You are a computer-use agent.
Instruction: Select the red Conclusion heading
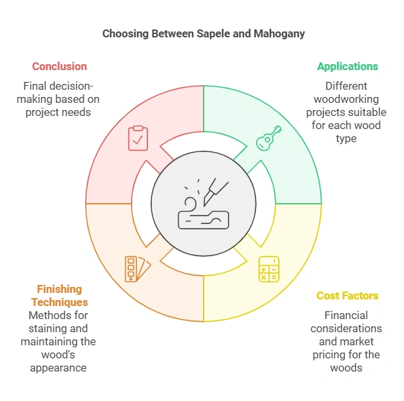tap(59, 66)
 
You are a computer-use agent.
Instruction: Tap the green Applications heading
tap(347, 66)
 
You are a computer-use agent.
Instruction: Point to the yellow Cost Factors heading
tap(347, 296)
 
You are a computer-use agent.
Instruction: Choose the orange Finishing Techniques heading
tap(59, 296)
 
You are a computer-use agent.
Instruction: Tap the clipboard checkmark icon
tap(138, 138)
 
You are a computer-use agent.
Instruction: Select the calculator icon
tap(268, 269)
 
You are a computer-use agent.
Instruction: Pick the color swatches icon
tap(138, 269)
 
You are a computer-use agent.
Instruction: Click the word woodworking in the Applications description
tap(346, 99)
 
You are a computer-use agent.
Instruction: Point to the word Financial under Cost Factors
tap(346, 315)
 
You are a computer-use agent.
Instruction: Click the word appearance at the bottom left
tap(58, 368)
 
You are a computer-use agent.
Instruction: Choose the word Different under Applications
tap(346, 86)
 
